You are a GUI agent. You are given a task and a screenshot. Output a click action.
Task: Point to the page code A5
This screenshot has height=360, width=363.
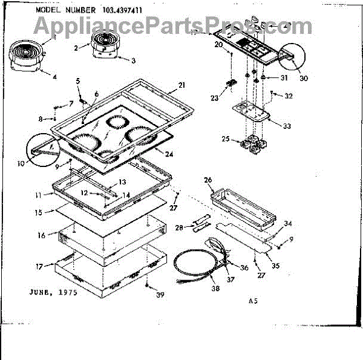[x=252, y=301]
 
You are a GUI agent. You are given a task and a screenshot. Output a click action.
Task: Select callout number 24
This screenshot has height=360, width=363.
[x=169, y=154]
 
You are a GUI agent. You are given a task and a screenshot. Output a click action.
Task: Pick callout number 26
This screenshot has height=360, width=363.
[x=208, y=180]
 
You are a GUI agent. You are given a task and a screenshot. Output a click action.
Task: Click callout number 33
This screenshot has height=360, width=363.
[x=287, y=126]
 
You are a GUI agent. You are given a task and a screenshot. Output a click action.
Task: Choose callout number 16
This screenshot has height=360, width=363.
[x=41, y=235]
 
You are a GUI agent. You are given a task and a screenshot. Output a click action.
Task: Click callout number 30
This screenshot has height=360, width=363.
[x=303, y=78]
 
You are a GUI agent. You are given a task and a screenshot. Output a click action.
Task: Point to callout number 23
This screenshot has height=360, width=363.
[x=214, y=98]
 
